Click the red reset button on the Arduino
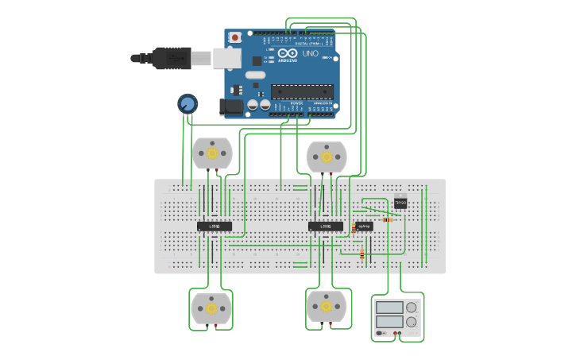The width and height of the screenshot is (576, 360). point(234,37)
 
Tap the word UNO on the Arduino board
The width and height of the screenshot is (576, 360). point(310,54)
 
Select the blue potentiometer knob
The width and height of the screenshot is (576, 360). point(187,103)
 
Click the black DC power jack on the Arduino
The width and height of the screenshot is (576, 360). point(231,106)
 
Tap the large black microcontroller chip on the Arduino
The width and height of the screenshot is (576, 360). point(302,91)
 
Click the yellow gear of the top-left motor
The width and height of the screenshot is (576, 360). point(212,153)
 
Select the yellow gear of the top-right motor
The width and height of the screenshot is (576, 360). point(327,157)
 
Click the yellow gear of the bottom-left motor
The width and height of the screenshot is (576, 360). point(211,308)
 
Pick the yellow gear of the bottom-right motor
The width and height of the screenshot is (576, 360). point(326,306)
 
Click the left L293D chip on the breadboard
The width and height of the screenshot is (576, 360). point(215,226)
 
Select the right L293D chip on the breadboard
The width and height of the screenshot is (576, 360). point(326,226)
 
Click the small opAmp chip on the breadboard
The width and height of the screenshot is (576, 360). point(365,226)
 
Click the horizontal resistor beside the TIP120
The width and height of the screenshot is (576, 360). point(388,219)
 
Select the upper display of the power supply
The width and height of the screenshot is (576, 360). point(390,308)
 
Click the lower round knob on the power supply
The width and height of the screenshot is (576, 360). point(412,322)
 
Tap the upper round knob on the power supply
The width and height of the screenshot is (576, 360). point(412,308)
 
